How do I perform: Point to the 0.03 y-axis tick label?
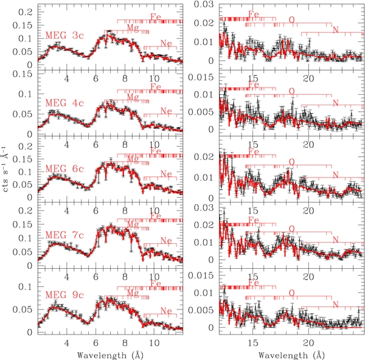(x=203, y=5)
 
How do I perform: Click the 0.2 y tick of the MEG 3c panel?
(x=26, y=12)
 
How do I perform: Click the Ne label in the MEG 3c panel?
(x=165, y=43)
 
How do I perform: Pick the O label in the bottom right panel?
(x=291, y=292)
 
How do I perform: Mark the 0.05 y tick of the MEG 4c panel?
(x=24, y=114)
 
